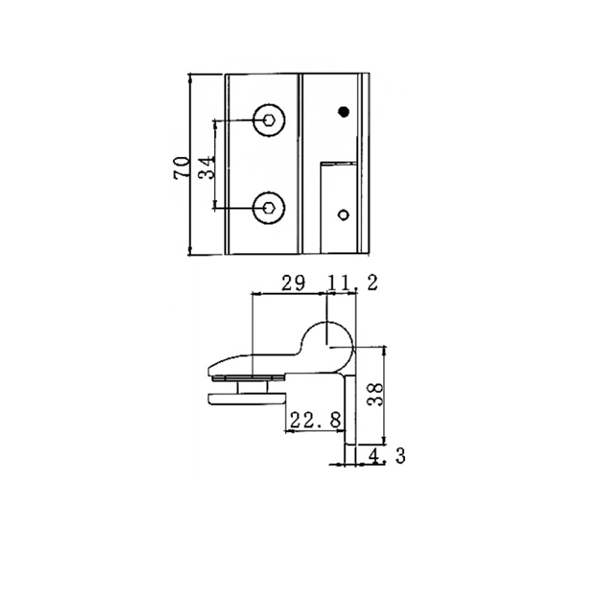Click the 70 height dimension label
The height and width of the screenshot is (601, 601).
tap(180, 165)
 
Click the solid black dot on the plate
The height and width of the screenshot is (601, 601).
tap(344, 112)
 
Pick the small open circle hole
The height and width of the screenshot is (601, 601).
tap(343, 215)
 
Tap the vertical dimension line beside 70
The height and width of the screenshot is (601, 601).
tap(191, 165)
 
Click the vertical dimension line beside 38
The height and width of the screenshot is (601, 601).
tap(385, 393)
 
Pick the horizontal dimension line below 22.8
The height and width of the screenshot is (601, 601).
tap(316, 431)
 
